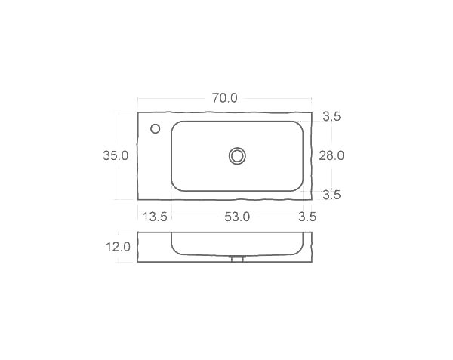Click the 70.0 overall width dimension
point(224,98)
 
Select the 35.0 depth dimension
point(116,155)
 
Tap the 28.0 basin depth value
point(331,155)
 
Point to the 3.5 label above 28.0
point(331,116)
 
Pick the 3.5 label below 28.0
point(331,195)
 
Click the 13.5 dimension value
point(155,217)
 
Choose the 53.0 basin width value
point(236,217)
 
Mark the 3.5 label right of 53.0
point(307,217)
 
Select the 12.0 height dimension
point(119,247)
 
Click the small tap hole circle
point(156,128)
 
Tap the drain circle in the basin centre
point(238,155)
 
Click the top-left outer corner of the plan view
point(138,112)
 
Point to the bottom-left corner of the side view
point(138,262)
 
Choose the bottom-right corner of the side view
point(312,262)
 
